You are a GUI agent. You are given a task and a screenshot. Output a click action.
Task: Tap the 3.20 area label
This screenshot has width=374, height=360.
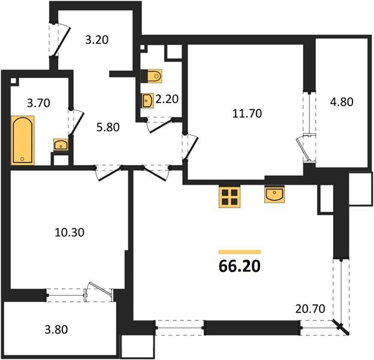coord(97,41)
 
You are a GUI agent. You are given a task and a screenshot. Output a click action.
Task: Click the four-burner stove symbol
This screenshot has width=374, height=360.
coord(228,196)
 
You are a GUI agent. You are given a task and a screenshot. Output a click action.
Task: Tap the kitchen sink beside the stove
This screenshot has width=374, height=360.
coord(275,196)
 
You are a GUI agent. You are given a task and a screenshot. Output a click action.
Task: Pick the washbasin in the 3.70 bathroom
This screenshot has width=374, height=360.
coord(61,145)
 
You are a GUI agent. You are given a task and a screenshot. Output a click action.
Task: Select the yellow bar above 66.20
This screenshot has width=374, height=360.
coord(240,252)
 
